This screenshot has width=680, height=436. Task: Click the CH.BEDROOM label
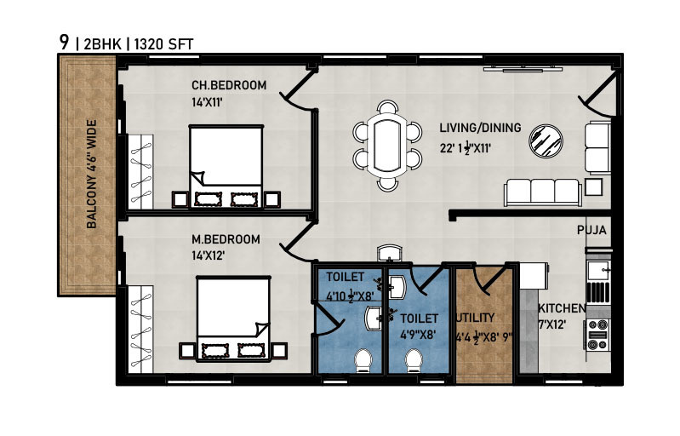click(x=229, y=85)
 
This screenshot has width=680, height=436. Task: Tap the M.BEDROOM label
click(x=226, y=239)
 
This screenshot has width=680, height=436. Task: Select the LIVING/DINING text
click(x=481, y=128)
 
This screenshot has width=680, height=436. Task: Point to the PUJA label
click(x=591, y=230)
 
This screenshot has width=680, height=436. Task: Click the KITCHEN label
click(x=562, y=308)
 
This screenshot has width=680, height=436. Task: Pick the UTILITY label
click(x=475, y=318)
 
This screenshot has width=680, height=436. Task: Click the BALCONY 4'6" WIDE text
click(x=92, y=175)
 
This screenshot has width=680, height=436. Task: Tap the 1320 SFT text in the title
click(x=163, y=44)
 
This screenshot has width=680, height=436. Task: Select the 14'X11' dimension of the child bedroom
click(x=207, y=102)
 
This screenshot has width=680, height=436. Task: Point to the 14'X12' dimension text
click(x=208, y=255)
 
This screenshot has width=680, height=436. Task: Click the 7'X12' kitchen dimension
click(x=551, y=324)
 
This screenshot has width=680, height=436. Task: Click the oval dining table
click(x=387, y=146)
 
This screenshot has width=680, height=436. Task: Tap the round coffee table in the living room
click(x=546, y=141)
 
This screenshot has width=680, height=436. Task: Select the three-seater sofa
click(x=543, y=192)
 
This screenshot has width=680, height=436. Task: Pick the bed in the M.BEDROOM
click(x=233, y=318)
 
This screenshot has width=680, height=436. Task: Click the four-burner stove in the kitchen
click(x=597, y=335)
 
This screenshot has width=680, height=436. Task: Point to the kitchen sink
click(x=598, y=271)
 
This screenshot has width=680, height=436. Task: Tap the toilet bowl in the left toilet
click(x=363, y=361)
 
